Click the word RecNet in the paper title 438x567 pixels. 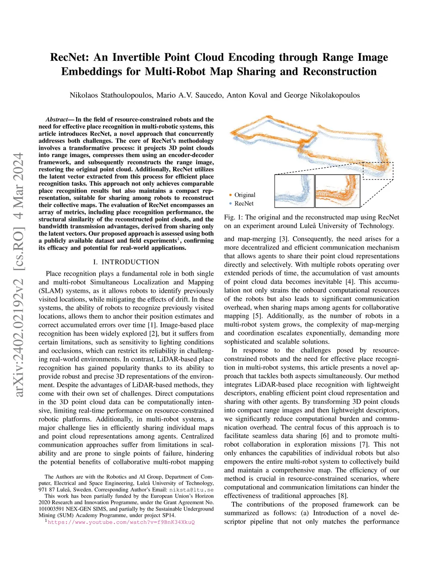pos(70,57)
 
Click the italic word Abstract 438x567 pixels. pos(56,119)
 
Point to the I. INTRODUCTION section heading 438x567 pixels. pos(126,262)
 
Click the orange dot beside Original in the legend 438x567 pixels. pos(230,195)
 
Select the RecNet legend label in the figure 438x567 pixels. pos(244,204)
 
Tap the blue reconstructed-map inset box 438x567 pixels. pos(294,191)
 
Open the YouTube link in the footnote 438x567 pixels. pos(121,522)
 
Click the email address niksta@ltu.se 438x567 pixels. pos(191,490)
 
